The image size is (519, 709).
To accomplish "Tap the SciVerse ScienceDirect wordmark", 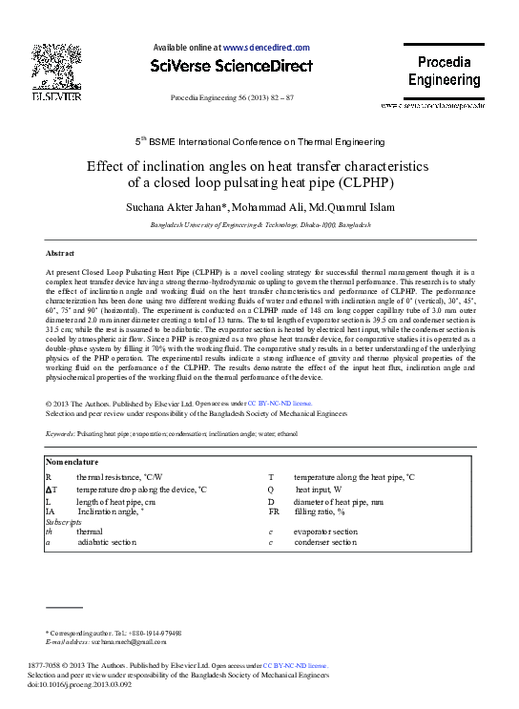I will click(x=232, y=66).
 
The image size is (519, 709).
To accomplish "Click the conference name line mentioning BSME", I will click(x=259, y=140).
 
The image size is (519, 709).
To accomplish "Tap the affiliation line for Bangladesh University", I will click(x=259, y=224).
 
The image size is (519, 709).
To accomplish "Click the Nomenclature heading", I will click(x=73, y=462).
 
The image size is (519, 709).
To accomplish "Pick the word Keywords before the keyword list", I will click(x=59, y=433).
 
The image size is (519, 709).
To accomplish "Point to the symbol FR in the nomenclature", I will click(x=273, y=512).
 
